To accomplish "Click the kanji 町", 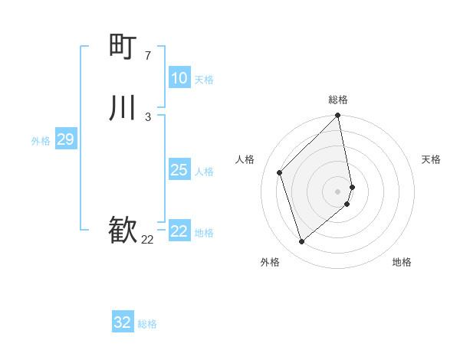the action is (123, 47).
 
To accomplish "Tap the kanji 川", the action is (123, 108).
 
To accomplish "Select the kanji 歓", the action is (123, 231).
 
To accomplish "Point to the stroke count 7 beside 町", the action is (148, 55).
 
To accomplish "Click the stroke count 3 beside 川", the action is (148, 116).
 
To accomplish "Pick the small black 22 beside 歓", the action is (147, 240).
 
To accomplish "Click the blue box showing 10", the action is (179, 78).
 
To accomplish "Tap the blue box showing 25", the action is (179, 170).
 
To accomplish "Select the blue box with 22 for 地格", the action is (179, 231).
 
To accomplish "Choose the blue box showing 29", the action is (65, 139).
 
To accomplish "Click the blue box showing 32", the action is (123, 322).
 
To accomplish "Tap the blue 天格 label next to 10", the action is (204, 80).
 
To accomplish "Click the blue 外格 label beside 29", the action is (41, 141).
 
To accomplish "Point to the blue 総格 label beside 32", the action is (147, 324).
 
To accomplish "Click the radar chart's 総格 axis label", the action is (338, 100).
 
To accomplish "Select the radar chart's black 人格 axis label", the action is (245, 159).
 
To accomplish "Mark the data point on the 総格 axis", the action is (338, 116).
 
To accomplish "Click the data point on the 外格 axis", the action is (301, 242).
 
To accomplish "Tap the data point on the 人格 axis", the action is (280, 172).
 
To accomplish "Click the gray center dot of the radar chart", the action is (338, 191).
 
